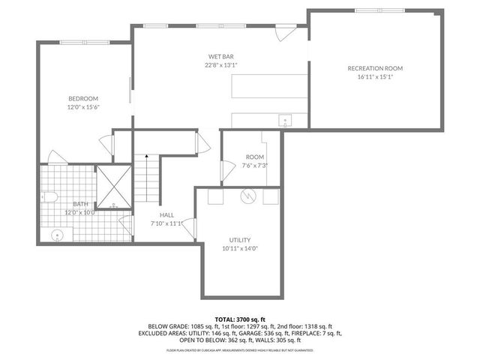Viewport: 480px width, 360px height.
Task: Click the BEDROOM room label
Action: click(83, 98)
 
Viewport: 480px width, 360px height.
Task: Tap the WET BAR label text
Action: click(222, 56)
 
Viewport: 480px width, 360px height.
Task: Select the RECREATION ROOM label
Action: click(375, 68)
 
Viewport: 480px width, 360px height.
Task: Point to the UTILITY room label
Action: click(240, 239)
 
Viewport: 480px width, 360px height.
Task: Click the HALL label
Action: click(166, 214)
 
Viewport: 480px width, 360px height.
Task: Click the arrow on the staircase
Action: click(148, 160)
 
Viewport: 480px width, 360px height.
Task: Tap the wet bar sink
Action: click(285, 120)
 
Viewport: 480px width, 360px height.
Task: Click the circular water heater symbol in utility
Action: click(248, 196)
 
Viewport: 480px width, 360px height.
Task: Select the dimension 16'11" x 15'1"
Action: click(375, 77)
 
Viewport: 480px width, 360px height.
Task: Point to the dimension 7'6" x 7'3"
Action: click(255, 165)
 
